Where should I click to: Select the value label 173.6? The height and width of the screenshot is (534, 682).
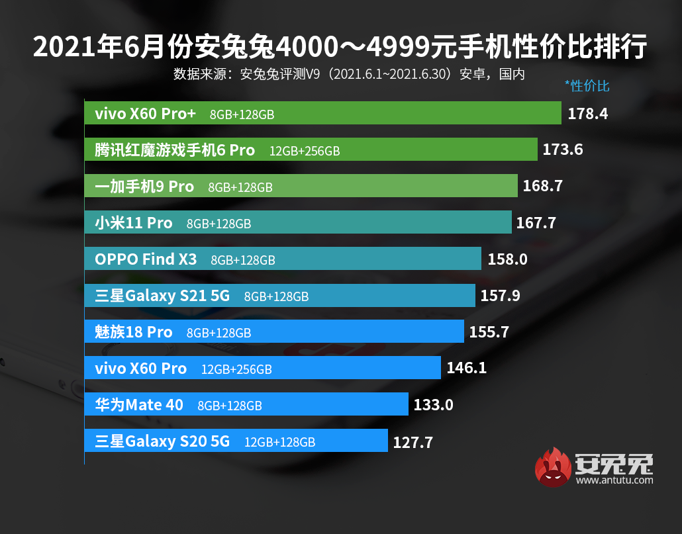[x=562, y=150]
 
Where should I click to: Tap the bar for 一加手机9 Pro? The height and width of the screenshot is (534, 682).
[x=397, y=186]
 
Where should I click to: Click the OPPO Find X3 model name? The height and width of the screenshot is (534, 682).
[x=146, y=259]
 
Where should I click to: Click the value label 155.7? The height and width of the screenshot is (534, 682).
[x=489, y=332]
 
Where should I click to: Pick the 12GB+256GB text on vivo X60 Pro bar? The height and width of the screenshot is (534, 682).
[x=236, y=369]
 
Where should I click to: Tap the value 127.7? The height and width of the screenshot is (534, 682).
[x=413, y=441]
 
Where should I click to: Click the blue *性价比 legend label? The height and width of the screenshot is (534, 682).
[x=587, y=86]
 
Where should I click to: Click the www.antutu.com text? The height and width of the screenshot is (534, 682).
[x=614, y=480]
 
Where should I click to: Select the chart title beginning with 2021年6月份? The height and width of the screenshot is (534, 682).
[x=340, y=48]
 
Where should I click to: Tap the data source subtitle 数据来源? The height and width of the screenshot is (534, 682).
[x=349, y=73]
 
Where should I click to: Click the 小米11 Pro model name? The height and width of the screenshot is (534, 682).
[x=133, y=223]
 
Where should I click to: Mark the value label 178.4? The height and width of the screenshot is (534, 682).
[x=587, y=113]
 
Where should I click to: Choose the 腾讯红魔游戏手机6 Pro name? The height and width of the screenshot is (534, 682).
[x=175, y=150]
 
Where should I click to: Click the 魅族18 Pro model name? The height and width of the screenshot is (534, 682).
[x=133, y=332]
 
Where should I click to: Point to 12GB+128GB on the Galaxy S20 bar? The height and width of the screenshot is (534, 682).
[x=279, y=442]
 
